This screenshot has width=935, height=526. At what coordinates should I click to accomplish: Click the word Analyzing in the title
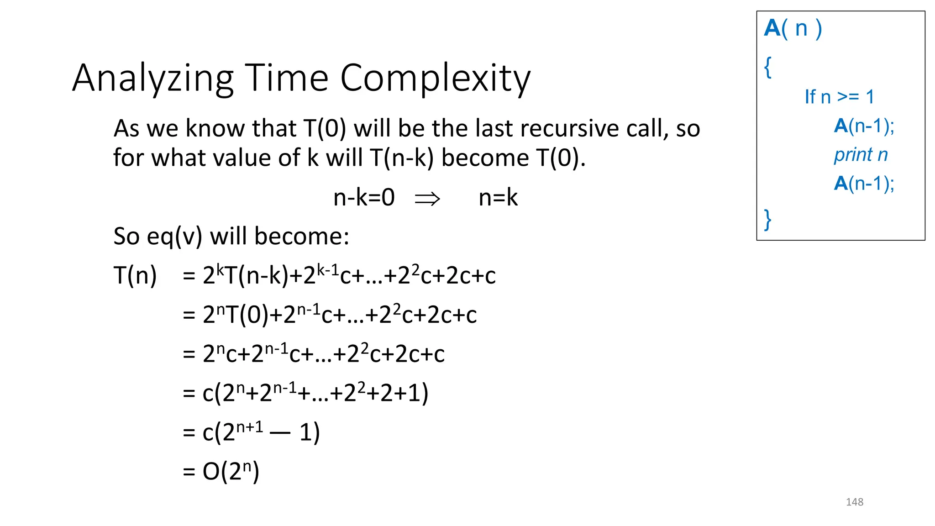click(153, 79)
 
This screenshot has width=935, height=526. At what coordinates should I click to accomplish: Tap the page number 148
click(854, 502)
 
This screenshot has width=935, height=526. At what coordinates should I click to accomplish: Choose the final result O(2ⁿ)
click(231, 471)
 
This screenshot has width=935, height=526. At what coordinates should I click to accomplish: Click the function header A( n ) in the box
click(793, 28)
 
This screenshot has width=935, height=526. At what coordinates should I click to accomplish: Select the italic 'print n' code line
click(861, 155)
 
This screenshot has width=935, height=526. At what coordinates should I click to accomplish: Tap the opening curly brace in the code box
click(768, 67)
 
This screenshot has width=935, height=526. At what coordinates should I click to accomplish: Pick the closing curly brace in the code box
click(768, 219)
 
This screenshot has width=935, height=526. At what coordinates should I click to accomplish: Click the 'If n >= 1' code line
click(839, 97)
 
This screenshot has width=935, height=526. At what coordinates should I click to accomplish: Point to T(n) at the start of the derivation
click(135, 276)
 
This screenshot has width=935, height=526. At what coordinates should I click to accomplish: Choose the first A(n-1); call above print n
click(864, 126)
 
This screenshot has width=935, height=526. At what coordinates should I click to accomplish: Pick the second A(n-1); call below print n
click(864, 184)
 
